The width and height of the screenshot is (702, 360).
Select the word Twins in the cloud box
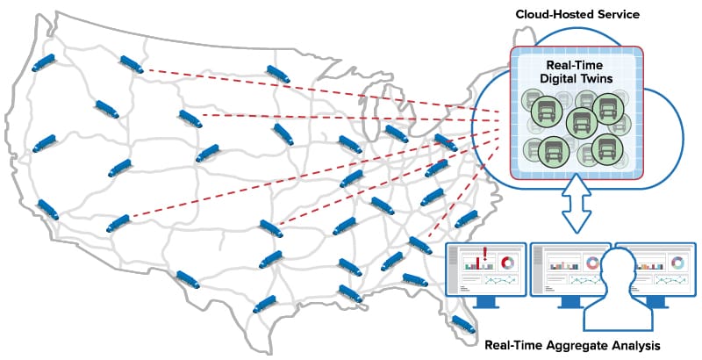(x=598, y=78)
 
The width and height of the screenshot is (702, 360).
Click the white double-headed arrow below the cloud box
(x=577, y=205)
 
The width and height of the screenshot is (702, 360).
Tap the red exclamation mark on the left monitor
(x=485, y=253)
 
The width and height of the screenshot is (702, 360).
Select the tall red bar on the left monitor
(x=478, y=263)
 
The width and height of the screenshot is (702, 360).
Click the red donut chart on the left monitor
(x=508, y=263)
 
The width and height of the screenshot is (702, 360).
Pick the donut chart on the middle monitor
(x=591, y=263)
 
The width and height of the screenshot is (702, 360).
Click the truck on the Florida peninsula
(x=463, y=324)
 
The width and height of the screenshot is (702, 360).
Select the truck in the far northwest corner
(x=43, y=62)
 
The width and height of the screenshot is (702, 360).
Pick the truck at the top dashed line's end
(x=132, y=64)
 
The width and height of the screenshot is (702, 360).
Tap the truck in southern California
(x=48, y=210)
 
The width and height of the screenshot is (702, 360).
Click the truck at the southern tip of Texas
(x=265, y=304)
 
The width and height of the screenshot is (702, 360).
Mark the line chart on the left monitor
(x=500, y=280)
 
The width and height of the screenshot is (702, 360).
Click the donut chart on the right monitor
(x=677, y=263)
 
